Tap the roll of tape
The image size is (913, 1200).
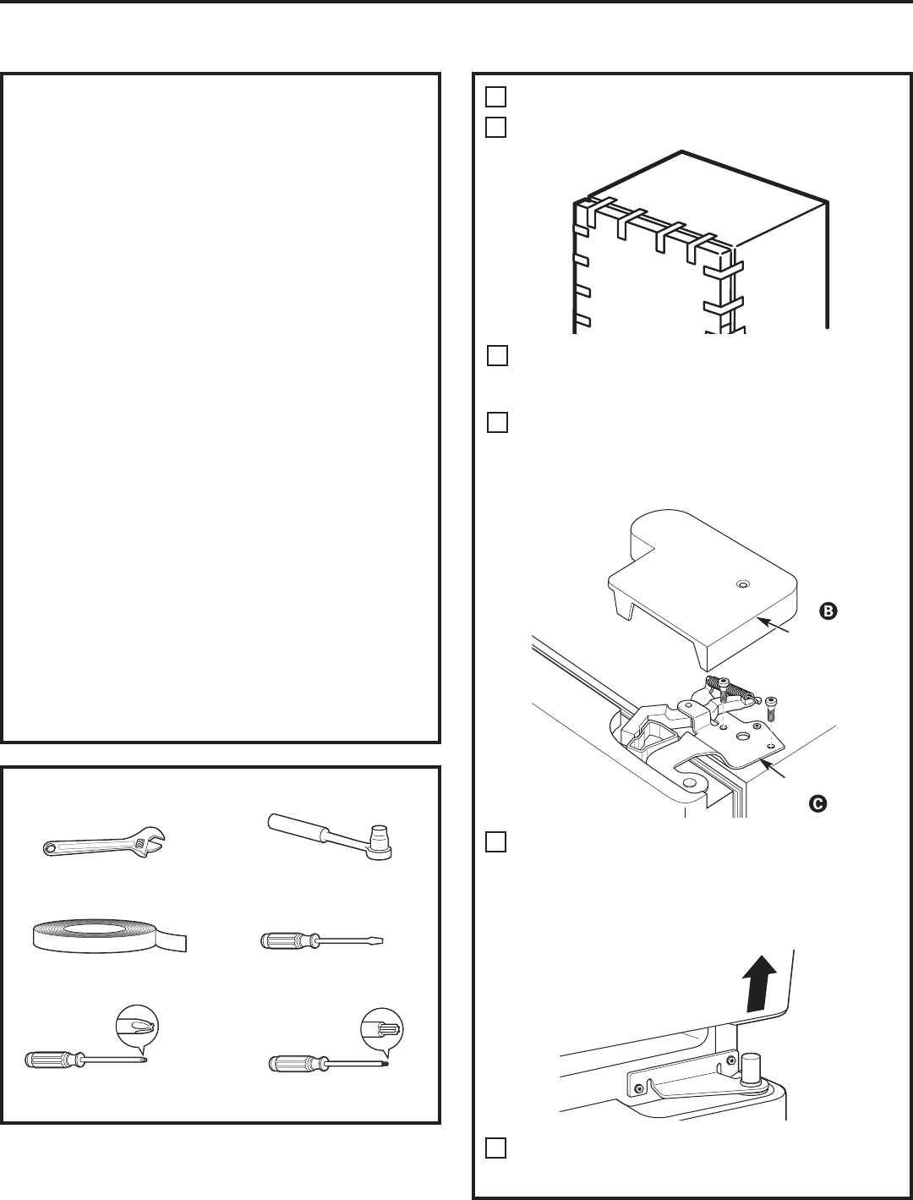(x=107, y=936)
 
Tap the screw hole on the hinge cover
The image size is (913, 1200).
(x=742, y=584)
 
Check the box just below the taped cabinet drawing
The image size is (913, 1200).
(x=497, y=355)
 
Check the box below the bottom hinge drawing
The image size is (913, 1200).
(x=497, y=1148)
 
